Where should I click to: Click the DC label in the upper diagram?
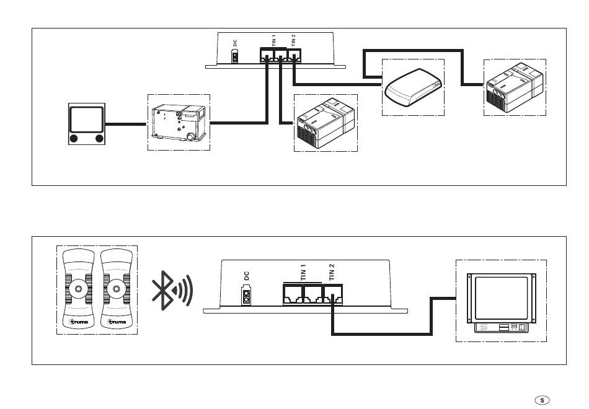[235, 43]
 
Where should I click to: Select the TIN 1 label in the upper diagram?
[274, 40]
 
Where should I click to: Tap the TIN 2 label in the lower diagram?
[331, 272]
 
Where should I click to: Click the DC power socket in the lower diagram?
[246, 296]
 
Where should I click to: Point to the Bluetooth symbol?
[172, 290]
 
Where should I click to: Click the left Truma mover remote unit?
[78, 289]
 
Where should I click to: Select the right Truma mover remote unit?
[117, 289]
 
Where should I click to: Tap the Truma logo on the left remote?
[79, 322]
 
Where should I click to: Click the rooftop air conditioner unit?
[413, 87]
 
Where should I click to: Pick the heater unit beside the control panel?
[179, 123]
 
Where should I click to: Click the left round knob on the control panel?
[74, 139]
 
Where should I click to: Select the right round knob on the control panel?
[100, 139]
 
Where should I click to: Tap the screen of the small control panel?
[87, 120]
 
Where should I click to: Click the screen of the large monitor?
[501, 298]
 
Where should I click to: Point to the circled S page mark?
[542, 400]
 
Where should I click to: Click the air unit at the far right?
[515, 87]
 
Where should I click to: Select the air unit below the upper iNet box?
[325, 123]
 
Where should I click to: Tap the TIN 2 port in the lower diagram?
[333, 294]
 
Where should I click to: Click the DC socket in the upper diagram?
[235, 57]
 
